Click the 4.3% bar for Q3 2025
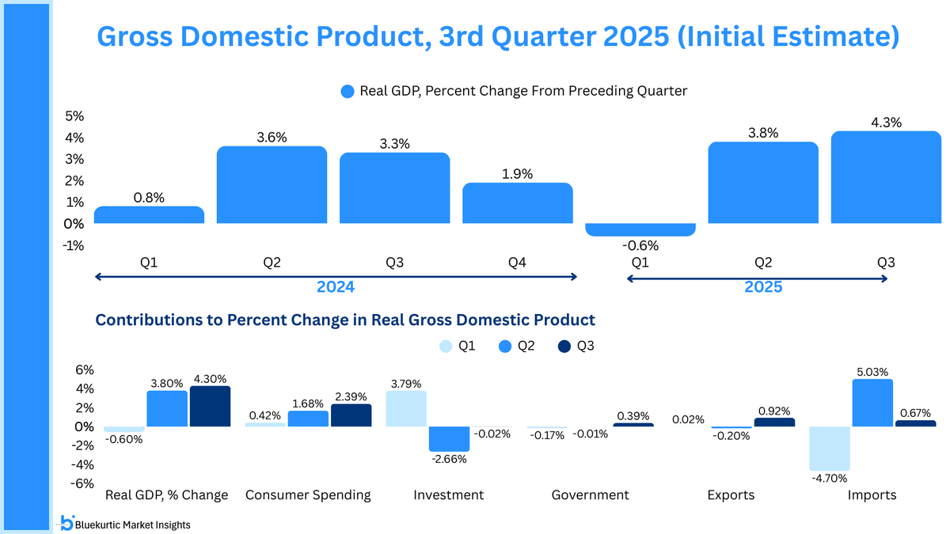coord(885,177)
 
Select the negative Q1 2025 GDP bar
coord(640,229)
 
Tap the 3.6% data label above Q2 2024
coord(272,137)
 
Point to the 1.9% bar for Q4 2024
coord(517,203)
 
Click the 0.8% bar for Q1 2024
coord(149,215)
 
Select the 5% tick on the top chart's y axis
coord(75,116)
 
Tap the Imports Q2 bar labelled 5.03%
coord(872,403)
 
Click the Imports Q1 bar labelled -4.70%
coord(830,449)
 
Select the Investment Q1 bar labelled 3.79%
coord(406,408)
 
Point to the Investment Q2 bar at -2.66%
coord(449,439)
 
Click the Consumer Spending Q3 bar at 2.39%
coord(351,415)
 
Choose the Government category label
coord(590,495)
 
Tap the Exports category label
coord(731,495)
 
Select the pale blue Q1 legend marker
coord(446,347)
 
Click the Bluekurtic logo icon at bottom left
coord(67,522)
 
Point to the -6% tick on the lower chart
coord(84,483)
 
